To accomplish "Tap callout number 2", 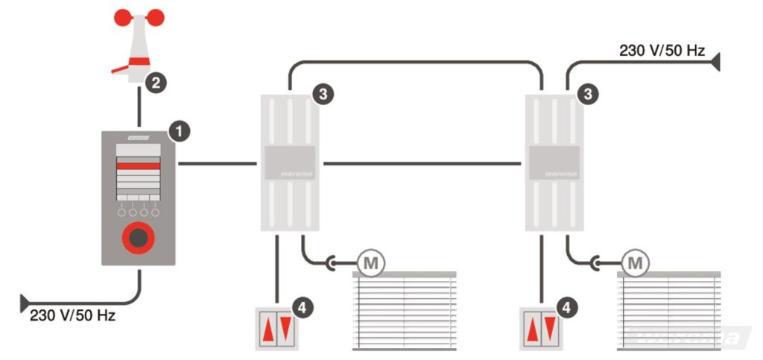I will coord(155,83).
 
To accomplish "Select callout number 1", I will coord(179,131).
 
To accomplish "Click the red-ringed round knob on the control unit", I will coord(138,238).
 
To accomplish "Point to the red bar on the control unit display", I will coord(138,167).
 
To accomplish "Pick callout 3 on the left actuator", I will coord(323,94).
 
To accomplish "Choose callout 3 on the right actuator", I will coord(589,94).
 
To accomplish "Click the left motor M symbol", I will coord(368,262).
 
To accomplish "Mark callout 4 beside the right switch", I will coord(568,306).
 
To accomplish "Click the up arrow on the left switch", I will coord(267,329).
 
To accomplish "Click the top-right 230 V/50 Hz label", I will coord(662,51).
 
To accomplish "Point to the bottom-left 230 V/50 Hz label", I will coord(72,315).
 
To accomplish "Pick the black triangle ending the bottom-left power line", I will coord(25,303).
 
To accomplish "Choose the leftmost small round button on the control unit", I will coord(121,213).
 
